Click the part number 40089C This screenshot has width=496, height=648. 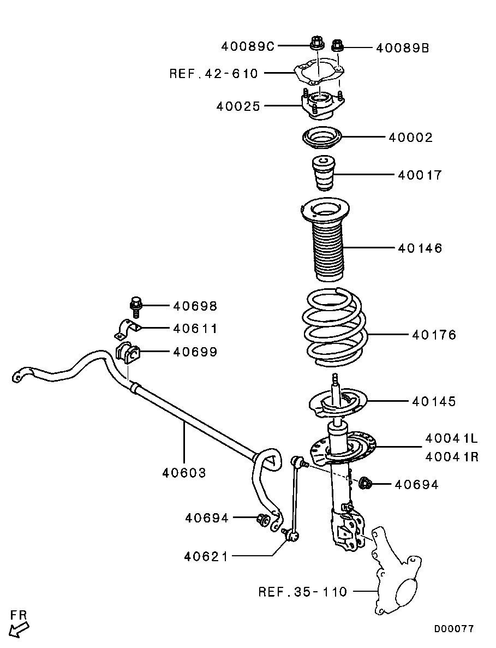point(248,46)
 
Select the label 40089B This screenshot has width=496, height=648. point(403,48)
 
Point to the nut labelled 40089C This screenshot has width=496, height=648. point(316,42)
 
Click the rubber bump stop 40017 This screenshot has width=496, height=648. point(322,173)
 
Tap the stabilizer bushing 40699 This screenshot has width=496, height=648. point(128,352)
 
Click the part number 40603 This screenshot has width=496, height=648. point(184,472)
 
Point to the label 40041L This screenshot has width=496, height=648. point(452,438)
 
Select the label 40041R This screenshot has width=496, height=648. point(452,456)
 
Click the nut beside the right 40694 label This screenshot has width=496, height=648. point(366,483)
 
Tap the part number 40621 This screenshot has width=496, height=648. point(206,556)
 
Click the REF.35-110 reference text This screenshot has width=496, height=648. point(303,591)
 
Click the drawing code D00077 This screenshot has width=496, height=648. point(454,629)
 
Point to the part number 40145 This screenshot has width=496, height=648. point(434,402)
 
